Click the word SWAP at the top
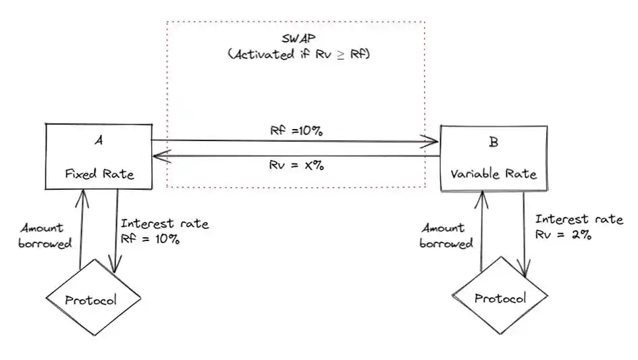(x=298, y=38)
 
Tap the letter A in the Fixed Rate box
(x=99, y=140)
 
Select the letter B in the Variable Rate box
(x=494, y=142)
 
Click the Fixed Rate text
(x=99, y=174)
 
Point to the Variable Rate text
(x=494, y=174)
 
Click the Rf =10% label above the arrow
(x=296, y=131)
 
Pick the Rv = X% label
(x=296, y=165)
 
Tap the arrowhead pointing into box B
(x=429, y=141)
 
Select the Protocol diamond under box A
(x=93, y=297)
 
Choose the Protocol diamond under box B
(x=500, y=296)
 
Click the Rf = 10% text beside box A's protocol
(x=150, y=238)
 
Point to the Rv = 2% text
(x=563, y=234)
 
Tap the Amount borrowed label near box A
(x=45, y=235)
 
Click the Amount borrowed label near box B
(x=446, y=235)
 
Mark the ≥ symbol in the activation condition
(x=340, y=55)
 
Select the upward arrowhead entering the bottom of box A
(x=82, y=199)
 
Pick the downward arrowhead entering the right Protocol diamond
(x=525, y=269)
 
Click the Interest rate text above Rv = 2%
(x=579, y=219)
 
